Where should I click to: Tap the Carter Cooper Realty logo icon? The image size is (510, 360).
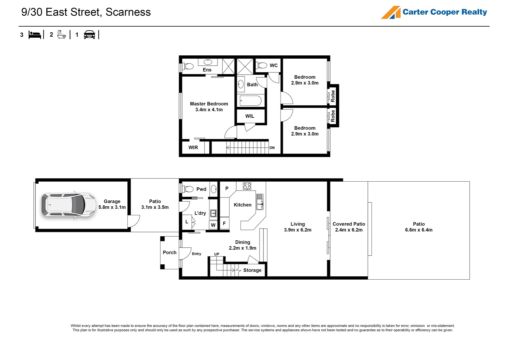point(391,12)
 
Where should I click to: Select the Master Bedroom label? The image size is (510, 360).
point(209,104)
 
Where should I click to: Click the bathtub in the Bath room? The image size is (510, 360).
point(250,101)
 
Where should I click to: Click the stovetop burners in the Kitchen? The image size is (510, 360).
point(247,186)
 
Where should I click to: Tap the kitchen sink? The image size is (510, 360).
point(260,202)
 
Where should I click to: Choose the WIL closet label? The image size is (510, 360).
point(249,116)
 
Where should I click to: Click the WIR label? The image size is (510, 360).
point(193,147)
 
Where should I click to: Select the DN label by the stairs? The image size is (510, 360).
point(272,148)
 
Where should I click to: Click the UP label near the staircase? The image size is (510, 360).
point(216,254)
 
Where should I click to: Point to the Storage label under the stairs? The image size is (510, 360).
point(252,270)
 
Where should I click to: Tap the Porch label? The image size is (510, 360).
point(169,252)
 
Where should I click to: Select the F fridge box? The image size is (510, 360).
point(224,223)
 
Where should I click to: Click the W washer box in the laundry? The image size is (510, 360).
point(213,225)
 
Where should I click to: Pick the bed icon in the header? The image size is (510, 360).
point(35,35)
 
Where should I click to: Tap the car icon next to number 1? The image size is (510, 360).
point(89,35)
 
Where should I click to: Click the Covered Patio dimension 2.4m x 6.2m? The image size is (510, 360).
point(349,230)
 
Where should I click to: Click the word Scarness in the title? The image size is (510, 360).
point(128,12)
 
